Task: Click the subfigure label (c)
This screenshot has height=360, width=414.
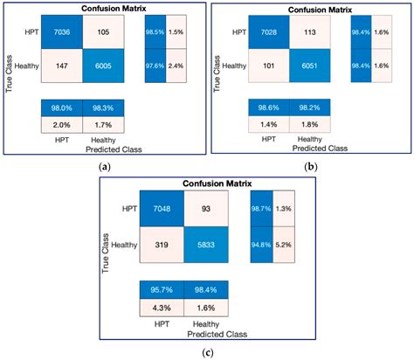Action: [207, 351]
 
